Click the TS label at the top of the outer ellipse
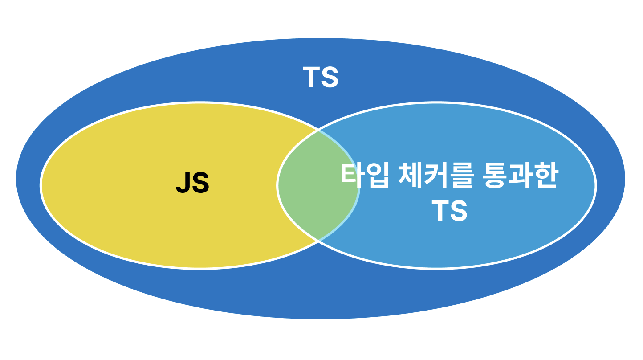pyautogui.click(x=321, y=78)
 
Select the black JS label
pyautogui.click(x=192, y=183)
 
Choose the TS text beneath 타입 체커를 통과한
pyautogui.click(x=450, y=210)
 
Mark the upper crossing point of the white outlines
pyautogui.click(x=319, y=130)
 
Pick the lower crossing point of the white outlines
pyautogui.click(x=319, y=241)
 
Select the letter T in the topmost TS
pyautogui.click(x=311, y=78)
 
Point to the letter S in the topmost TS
pyautogui.click(x=330, y=78)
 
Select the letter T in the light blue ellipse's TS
pyautogui.click(x=440, y=210)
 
